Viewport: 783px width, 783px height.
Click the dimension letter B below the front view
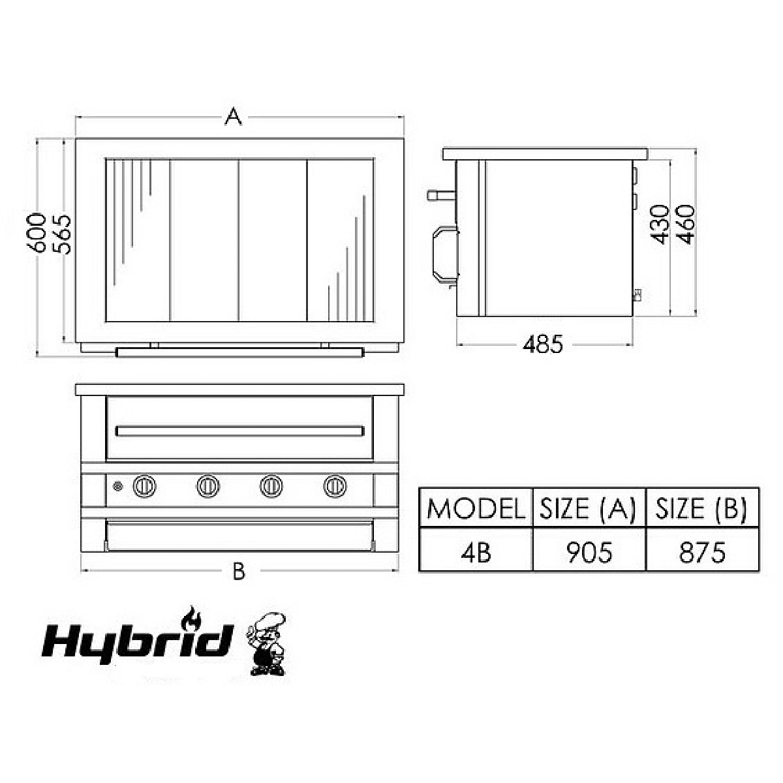point(239,570)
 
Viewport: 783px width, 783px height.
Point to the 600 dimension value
point(37,232)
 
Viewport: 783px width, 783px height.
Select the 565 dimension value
point(62,234)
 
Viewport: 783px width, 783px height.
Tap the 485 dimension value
point(543,345)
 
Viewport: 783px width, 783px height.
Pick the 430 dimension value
point(660,224)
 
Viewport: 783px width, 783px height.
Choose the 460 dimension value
point(686,224)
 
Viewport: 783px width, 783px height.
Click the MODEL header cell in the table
point(476,508)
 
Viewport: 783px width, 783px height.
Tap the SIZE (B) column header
point(702,508)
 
